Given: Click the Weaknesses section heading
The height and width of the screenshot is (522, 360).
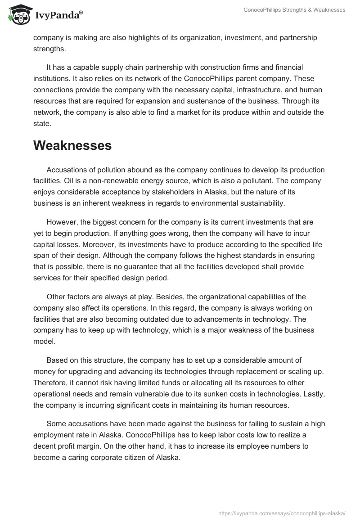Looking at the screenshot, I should [x=72, y=146].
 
